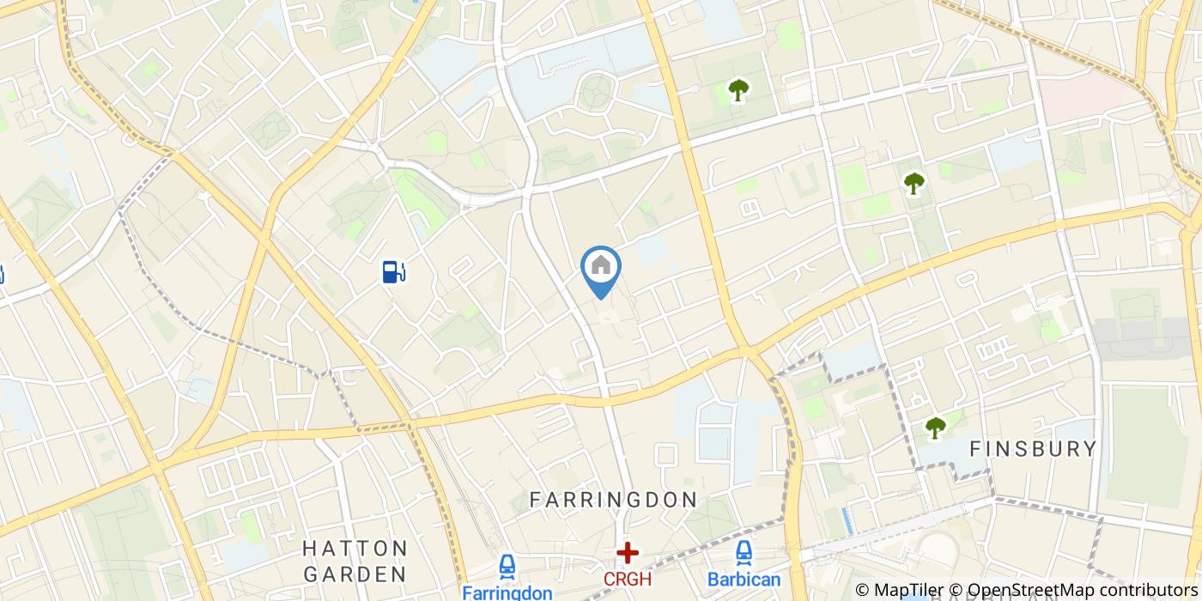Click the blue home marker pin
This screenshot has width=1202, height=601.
[x=601, y=268]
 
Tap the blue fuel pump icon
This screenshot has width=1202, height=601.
[x=393, y=272]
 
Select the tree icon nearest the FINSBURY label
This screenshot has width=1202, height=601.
[x=935, y=427]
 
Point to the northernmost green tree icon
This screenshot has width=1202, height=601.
[x=738, y=89]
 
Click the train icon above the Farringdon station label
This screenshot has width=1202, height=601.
[x=507, y=567]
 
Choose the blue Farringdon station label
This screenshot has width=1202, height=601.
[x=507, y=592]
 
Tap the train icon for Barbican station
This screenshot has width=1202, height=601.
[x=744, y=553]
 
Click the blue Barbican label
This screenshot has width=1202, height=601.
[x=744, y=579]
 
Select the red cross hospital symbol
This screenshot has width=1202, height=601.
[x=628, y=553]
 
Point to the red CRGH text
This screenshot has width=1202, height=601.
[x=628, y=580]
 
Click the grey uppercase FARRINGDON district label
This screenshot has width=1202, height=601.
[x=613, y=500]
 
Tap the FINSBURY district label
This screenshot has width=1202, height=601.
[x=1033, y=448]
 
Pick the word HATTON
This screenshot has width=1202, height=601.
[x=355, y=548]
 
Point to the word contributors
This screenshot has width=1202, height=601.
[x=1144, y=590]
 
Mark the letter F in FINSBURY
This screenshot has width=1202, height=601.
[x=975, y=448]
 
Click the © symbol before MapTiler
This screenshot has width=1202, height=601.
[x=862, y=590]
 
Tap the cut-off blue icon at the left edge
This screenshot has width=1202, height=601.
[x=2, y=275]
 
